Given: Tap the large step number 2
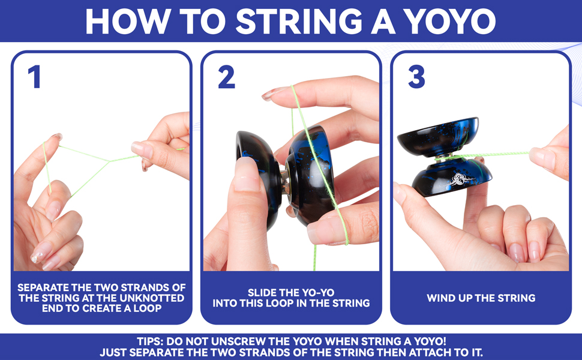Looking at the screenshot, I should click(226, 77).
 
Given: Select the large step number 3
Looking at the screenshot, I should click(416, 77).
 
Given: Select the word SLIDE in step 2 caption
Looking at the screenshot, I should click(263, 293).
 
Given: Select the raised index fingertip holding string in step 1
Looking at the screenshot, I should click(55, 139).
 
